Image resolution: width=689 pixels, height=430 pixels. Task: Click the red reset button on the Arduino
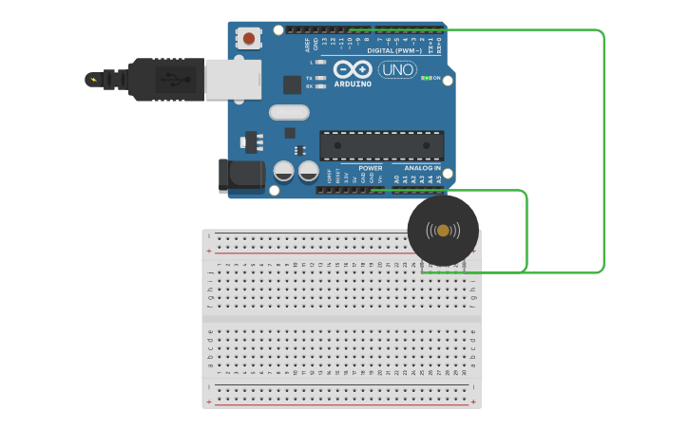pyautogui.click(x=249, y=38)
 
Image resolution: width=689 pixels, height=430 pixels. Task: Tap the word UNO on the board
pyautogui.click(x=397, y=69)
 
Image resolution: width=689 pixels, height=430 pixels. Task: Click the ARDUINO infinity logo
pyautogui.click(x=352, y=69)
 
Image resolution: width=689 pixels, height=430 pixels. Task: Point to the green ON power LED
pyautogui.click(x=427, y=78)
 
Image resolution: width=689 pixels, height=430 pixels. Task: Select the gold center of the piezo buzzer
pyautogui.click(x=443, y=231)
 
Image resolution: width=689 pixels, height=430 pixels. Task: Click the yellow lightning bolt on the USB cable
pyautogui.click(x=92, y=79)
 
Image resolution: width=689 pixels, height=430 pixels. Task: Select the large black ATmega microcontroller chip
pyautogui.click(x=382, y=145)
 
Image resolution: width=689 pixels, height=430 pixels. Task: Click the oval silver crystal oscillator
pyautogui.click(x=289, y=112)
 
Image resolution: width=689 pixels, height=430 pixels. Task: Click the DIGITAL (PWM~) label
pyautogui.click(x=393, y=50)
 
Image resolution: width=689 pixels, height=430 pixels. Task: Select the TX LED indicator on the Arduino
pyautogui.click(x=320, y=78)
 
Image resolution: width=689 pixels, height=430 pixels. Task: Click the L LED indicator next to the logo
pyautogui.click(x=320, y=63)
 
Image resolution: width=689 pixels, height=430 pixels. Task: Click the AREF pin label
pyautogui.click(x=307, y=44)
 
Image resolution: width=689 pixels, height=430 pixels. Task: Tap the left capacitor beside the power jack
pyautogui.click(x=283, y=172)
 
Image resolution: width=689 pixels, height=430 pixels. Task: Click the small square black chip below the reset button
pyautogui.click(x=292, y=84)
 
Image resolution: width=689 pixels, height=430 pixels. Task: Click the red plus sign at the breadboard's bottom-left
pyautogui.click(x=209, y=402)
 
